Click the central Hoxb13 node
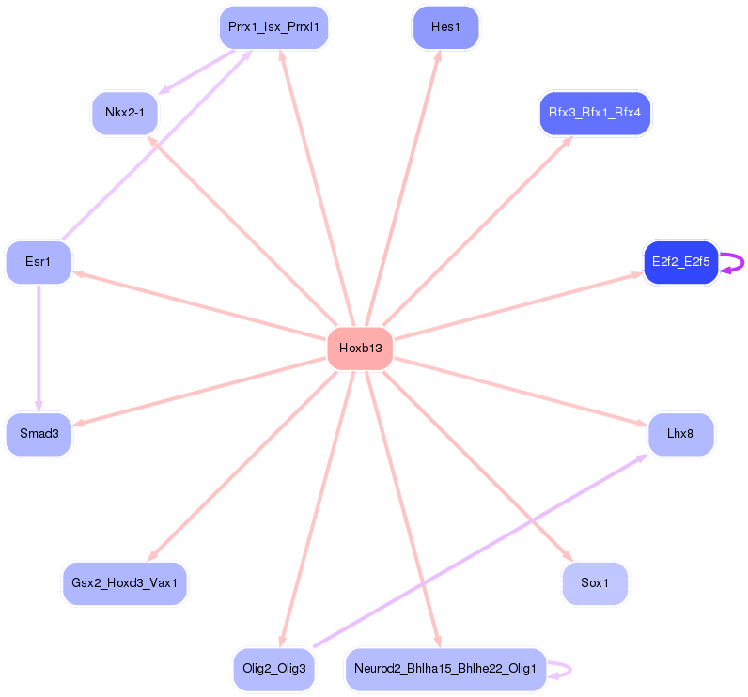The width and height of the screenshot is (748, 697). [x=360, y=348]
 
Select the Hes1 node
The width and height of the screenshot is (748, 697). [x=445, y=27]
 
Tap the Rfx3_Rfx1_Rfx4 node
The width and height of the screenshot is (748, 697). [x=595, y=114]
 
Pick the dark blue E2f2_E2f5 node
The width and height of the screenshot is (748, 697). [x=680, y=262]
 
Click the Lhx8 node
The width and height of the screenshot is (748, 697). [x=680, y=434]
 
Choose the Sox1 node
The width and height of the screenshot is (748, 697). [x=595, y=583]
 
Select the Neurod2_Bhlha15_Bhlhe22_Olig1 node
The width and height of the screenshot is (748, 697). [x=445, y=669]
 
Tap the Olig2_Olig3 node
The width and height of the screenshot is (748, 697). [x=274, y=669]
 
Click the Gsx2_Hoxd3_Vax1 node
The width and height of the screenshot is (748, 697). [x=125, y=583]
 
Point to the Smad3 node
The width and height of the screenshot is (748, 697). [x=39, y=434]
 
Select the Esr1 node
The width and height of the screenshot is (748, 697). [x=39, y=262]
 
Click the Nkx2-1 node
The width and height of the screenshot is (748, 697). [x=125, y=114]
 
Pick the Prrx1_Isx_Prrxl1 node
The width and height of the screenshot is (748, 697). [x=273, y=27]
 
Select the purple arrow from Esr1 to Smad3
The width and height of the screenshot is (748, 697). [x=39, y=348]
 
